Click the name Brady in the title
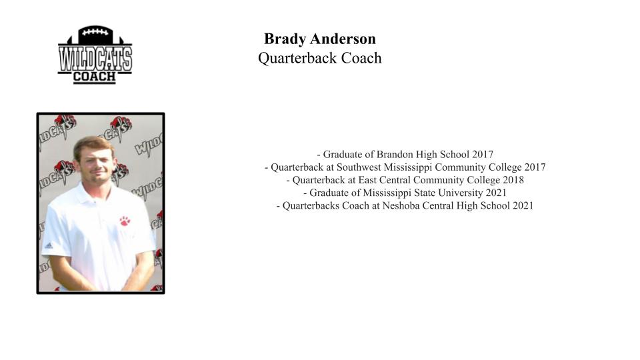(285, 39)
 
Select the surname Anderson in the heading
(343, 39)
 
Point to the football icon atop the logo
(95, 35)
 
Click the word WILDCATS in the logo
(95, 59)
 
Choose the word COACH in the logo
(95, 77)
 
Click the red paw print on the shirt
(125, 221)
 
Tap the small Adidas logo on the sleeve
(49, 246)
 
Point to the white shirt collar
(94, 191)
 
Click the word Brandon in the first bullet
(395, 154)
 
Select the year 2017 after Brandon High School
(483, 154)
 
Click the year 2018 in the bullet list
(513, 180)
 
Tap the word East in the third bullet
(367, 180)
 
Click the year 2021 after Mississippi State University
(496, 193)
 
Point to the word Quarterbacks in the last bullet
(311, 206)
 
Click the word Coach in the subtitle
(361, 59)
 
